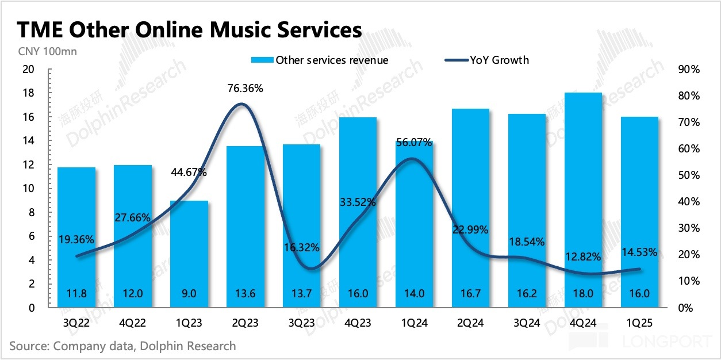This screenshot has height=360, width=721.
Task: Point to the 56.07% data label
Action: (x=413, y=143)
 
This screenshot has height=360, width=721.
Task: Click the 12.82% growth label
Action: (x=586, y=256)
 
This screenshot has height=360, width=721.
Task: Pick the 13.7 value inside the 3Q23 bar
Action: (x=302, y=293)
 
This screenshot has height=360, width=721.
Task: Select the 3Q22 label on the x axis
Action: (x=76, y=324)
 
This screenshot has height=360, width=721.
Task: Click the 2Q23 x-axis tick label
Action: (x=246, y=324)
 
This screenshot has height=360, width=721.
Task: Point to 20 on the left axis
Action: (x=28, y=70)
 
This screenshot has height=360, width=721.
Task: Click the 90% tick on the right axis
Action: (x=688, y=70)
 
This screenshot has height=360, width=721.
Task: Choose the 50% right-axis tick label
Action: (x=688, y=175)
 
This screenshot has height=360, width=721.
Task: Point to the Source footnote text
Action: (x=122, y=346)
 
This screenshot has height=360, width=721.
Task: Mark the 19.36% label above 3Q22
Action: (x=76, y=239)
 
